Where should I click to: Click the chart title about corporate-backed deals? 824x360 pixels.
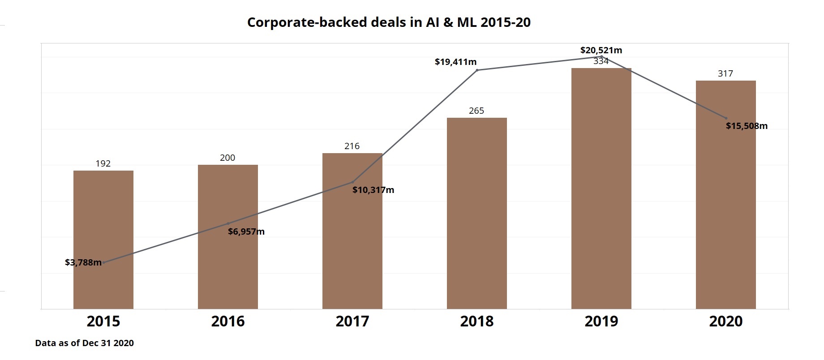coord(389,22)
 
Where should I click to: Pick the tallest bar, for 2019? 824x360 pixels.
coord(601,188)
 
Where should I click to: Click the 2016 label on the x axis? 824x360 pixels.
coord(228,321)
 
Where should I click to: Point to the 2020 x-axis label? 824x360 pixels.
coord(726,321)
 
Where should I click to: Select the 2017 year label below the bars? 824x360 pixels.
coord(352,321)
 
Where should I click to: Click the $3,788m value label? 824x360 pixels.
coord(83,262)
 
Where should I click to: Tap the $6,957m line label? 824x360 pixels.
coord(246,231)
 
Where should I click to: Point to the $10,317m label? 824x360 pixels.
coord(373,190)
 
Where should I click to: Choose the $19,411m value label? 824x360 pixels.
coord(455,62)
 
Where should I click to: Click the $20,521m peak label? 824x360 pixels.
coord(601,50)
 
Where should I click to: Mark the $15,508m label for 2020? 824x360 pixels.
coord(747,126)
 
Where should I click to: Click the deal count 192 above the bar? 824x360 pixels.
coord(103,163)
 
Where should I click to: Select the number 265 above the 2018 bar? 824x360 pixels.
coord(476,111)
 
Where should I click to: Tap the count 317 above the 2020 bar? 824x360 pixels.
coord(725,73)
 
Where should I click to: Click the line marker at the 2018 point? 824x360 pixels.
coord(477,70)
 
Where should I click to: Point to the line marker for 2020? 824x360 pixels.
coord(726,118)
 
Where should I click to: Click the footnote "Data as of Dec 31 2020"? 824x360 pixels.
coord(85,343)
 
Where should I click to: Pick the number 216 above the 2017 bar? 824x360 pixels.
coord(352,146)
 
